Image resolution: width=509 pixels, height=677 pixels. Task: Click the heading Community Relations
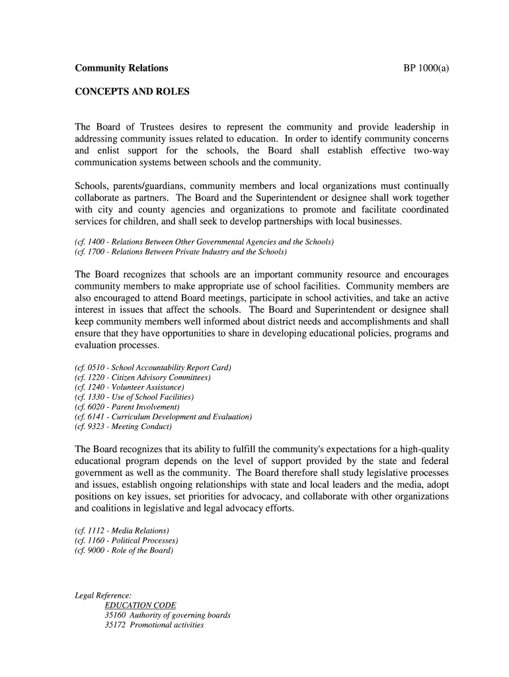tap(121, 68)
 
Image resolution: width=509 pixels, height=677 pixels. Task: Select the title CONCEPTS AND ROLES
tap(132, 92)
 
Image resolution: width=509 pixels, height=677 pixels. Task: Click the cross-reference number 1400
tap(97, 242)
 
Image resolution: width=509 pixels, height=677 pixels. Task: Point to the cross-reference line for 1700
tap(180, 252)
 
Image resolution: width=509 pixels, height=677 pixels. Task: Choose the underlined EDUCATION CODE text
tap(140, 606)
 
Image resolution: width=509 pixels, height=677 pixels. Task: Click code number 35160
tap(115, 616)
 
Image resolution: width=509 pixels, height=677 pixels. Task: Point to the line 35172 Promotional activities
tap(154, 625)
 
